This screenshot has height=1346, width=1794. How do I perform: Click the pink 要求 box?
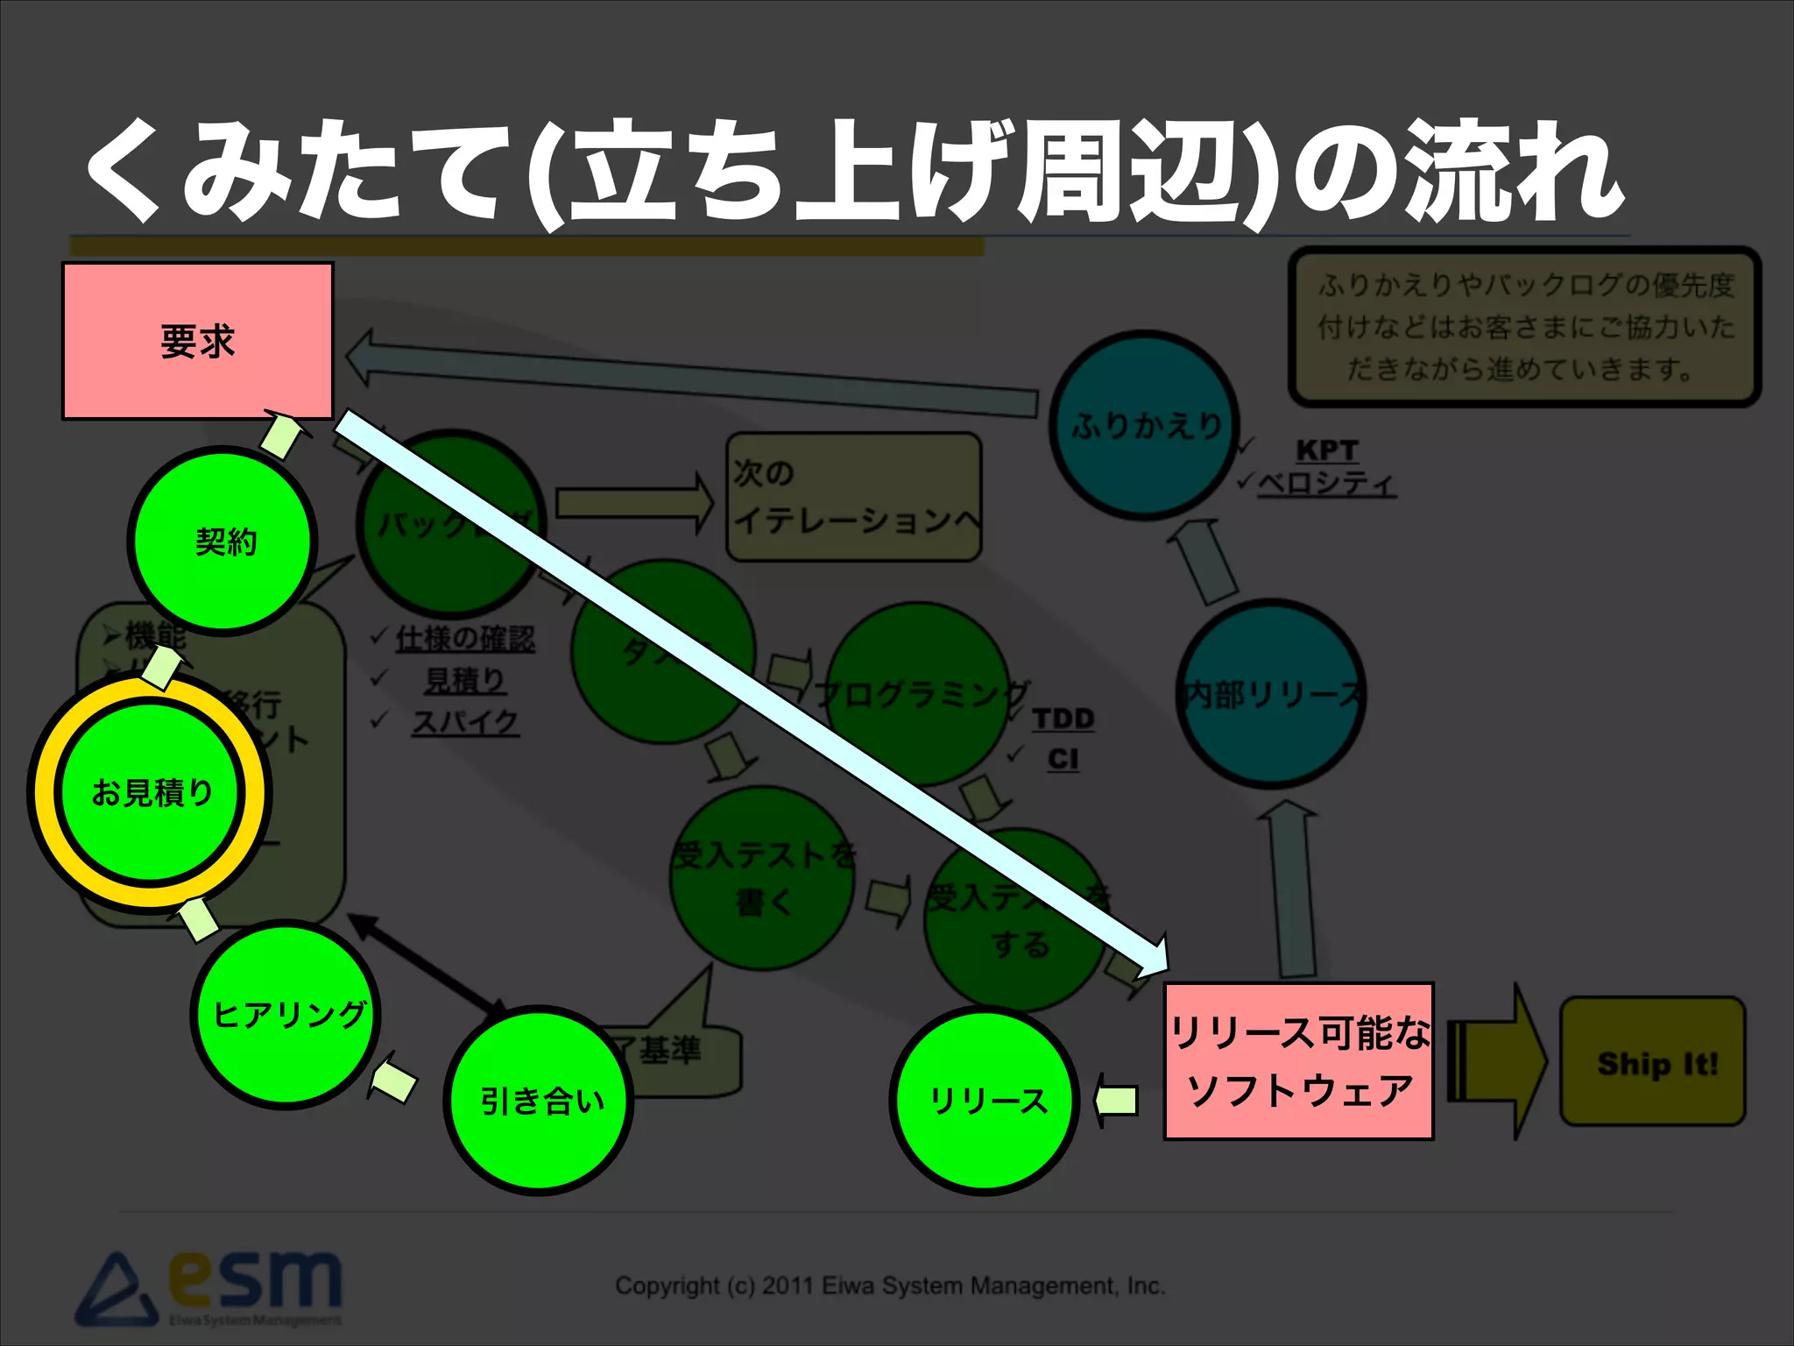click(x=198, y=341)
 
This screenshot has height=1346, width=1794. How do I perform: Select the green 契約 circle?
click(x=223, y=541)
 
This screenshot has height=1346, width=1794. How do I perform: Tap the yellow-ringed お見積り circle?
click(x=151, y=791)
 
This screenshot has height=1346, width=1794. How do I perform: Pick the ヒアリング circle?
click(x=286, y=1014)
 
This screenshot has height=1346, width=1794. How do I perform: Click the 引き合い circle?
click(x=540, y=1101)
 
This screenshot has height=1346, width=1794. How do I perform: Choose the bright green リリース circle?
click(x=986, y=1101)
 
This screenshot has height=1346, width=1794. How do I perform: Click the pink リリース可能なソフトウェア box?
click(x=1298, y=1060)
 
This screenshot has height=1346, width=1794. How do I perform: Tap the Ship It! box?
click(x=1653, y=1062)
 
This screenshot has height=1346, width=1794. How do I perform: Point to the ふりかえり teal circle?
click(x=1143, y=425)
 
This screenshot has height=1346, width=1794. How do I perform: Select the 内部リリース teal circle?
click(x=1270, y=694)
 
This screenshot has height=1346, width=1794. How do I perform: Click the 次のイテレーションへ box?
click(x=854, y=497)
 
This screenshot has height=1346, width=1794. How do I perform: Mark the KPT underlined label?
click(x=1326, y=450)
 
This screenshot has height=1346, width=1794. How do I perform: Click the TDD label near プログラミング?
click(x=1063, y=719)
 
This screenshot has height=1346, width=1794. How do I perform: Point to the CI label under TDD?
click(x=1063, y=759)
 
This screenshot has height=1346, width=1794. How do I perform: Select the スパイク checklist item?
click(x=465, y=722)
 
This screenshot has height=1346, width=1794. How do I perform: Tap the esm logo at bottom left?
click(x=210, y=1288)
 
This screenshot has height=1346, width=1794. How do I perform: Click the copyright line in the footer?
click(x=889, y=1286)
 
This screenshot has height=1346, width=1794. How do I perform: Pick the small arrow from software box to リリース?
click(x=1117, y=1100)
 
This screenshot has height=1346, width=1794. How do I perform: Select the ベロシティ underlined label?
click(x=1326, y=484)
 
